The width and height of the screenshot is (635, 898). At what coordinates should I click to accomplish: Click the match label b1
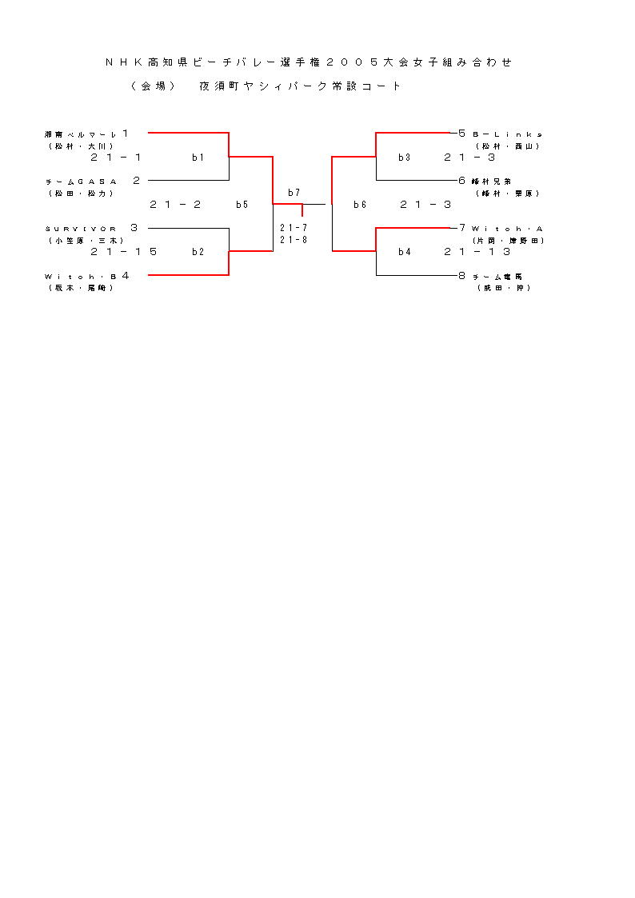(x=198, y=158)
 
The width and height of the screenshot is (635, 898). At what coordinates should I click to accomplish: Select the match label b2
(x=198, y=252)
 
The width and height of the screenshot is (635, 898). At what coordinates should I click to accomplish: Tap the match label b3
(x=404, y=158)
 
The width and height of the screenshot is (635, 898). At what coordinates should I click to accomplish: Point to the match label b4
(x=404, y=252)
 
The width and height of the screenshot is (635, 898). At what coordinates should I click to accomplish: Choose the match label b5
(x=242, y=205)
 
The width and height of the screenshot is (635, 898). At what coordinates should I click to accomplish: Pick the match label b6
(x=360, y=205)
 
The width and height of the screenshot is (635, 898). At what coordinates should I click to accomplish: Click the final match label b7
(x=294, y=193)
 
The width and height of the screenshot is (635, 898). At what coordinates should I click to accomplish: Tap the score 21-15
(x=123, y=252)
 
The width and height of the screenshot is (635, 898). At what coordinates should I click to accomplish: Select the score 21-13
(x=477, y=252)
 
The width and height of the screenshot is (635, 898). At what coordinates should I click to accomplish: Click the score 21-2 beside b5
(x=175, y=205)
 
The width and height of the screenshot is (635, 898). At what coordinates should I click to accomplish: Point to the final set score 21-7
(x=294, y=228)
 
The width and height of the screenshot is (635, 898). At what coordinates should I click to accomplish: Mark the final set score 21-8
(x=294, y=239)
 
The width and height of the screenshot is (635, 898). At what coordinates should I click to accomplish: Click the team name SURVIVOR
(x=81, y=229)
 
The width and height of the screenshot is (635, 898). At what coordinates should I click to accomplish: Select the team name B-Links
(x=507, y=134)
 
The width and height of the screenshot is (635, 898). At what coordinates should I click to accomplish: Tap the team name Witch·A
(x=507, y=229)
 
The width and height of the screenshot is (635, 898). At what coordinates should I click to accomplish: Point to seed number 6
(x=462, y=181)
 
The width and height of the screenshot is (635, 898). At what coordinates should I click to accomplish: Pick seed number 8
(x=462, y=275)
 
